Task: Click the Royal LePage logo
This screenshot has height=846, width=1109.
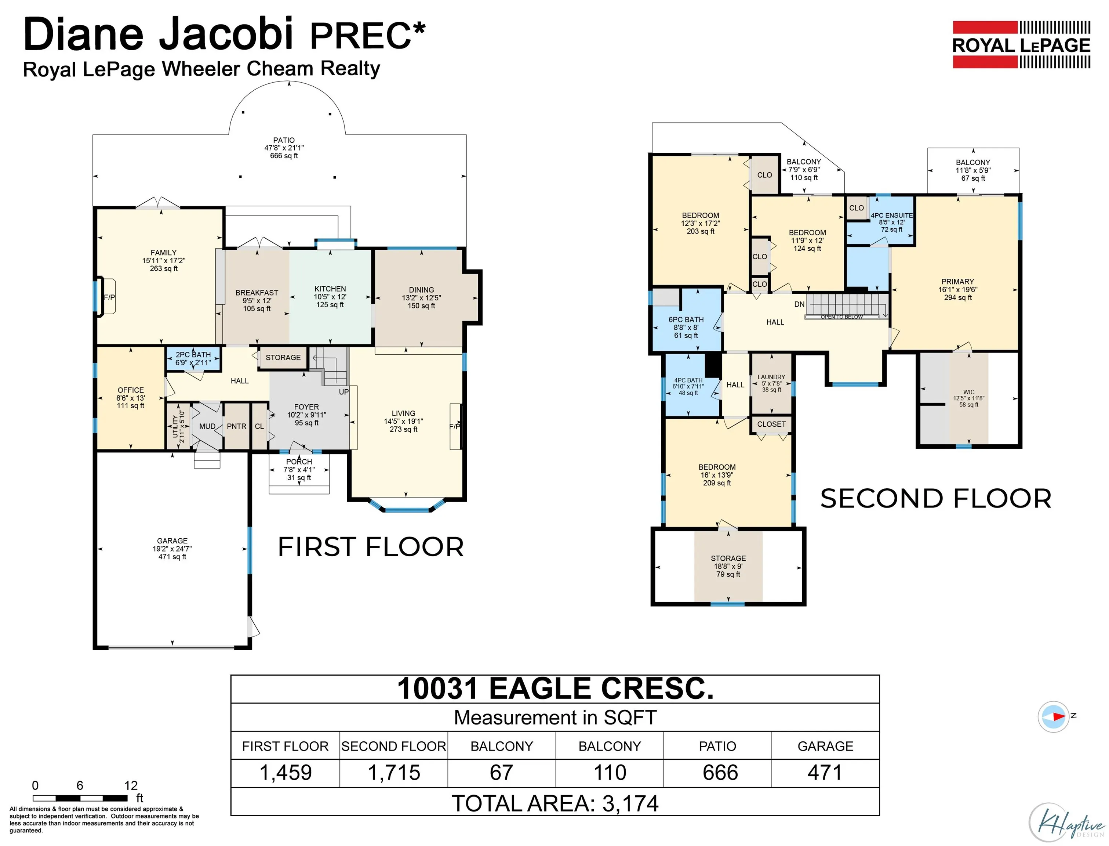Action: click(x=1021, y=45)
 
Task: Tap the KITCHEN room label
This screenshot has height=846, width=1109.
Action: click(x=330, y=289)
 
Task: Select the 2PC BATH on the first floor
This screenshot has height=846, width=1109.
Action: click(x=193, y=358)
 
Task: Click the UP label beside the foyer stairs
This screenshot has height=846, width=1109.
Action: click(x=343, y=392)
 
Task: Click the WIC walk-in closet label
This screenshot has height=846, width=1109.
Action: click(x=968, y=392)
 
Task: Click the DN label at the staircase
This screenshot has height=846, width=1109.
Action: click(x=799, y=304)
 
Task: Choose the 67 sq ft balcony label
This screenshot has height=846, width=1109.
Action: click(x=972, y=170)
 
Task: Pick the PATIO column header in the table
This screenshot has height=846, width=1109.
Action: click(x=717, y=746)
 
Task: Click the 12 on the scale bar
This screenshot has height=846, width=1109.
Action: click(x=131, y=785)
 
